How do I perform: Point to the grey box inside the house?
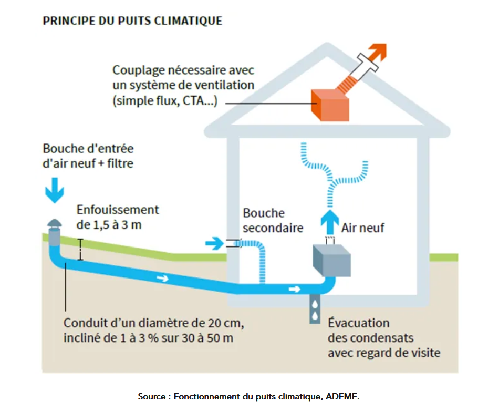331,260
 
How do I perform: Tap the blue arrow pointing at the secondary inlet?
214,243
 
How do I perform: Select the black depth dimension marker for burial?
80,250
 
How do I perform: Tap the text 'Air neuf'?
363,228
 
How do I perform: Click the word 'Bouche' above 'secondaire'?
264,213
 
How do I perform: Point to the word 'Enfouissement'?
118,210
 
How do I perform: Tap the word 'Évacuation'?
359,323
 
